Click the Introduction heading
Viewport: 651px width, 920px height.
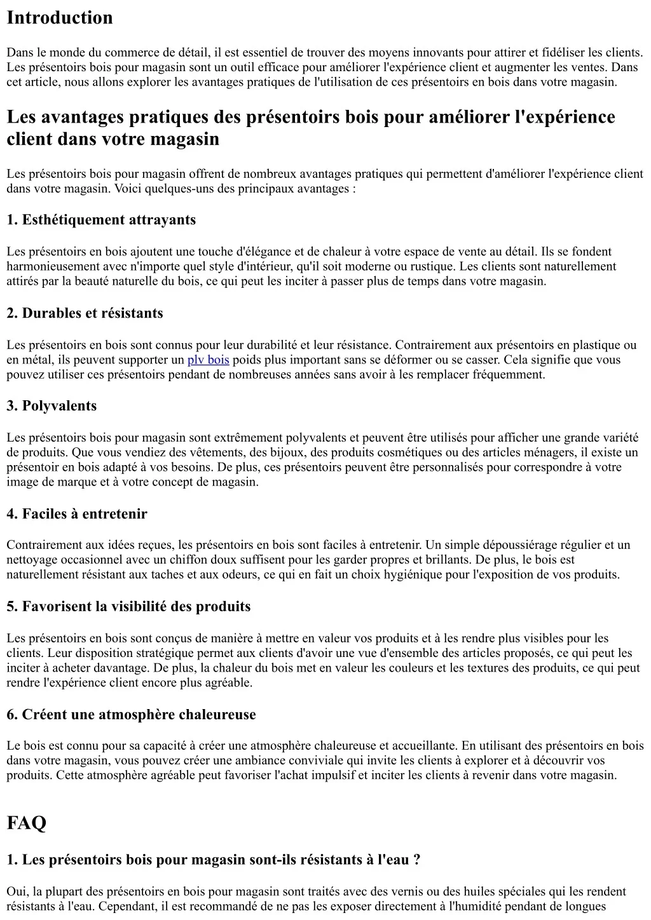tap(60, 18)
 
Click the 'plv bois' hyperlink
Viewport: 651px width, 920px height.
tap(208, 360)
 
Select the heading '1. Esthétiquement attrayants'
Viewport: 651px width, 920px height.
tap(101, 220)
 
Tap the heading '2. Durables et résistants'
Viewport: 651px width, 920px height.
tap(85, 313)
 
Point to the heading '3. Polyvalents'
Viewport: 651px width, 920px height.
tap(51, 406)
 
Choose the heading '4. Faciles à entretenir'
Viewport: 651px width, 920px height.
tap(77, 514)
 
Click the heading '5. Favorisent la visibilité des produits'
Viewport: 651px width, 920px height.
tap(128, 607)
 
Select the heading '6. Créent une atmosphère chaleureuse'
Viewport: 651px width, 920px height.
tap(131, 715)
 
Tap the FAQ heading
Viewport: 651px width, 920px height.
tap(27, 823)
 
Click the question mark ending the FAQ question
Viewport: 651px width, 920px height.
tap(416, 860)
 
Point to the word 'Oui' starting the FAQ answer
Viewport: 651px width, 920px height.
tap(17, 892)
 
